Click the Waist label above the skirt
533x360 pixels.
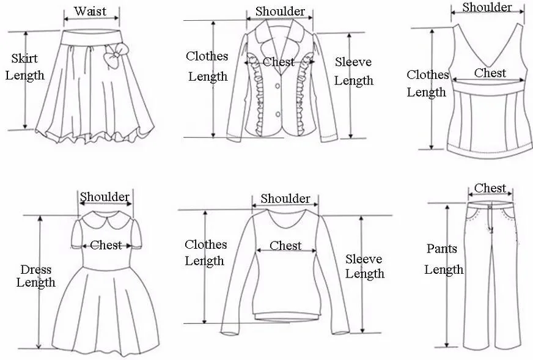(90, 11)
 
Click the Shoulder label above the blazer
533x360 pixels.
(280, 11)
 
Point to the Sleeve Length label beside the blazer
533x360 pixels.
(353, 72)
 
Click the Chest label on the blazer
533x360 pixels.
(279, 62)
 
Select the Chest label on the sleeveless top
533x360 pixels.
(490, 73)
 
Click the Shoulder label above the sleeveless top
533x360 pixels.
(487, 7)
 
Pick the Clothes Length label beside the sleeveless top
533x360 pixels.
(427, 84)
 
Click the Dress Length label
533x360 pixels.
(35, 276)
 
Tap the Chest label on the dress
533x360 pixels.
(106, 245)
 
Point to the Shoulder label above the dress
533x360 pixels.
(105, 197)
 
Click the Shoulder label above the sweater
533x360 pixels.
(285, 199)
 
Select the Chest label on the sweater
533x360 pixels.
(285, 246)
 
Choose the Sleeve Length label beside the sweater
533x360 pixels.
(364, 266)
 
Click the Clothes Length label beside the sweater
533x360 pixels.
(205, 252)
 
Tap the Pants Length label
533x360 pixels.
(444, 259)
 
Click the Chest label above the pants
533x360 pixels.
(490, 188)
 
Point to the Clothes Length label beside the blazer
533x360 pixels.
(207, 66)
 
